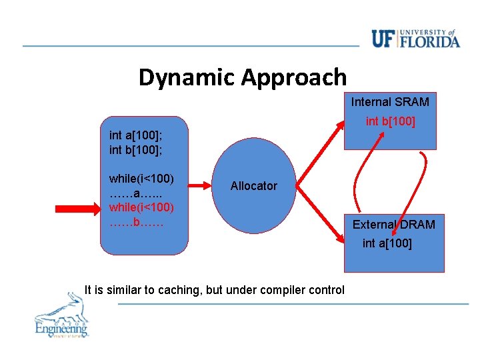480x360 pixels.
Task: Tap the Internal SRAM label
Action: coord(390,102)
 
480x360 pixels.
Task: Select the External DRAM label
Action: coord(393,225)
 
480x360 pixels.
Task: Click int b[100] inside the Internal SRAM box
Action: coord(390,121)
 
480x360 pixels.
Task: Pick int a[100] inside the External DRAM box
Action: coord(387,243)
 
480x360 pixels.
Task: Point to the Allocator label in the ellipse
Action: coord(253,186)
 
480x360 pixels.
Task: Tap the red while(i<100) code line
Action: coord(141,207)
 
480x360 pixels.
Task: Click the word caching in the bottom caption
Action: coord(187,290)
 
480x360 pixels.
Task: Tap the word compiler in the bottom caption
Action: coord(284,290)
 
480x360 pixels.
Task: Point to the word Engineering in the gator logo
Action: coord(61,328)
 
